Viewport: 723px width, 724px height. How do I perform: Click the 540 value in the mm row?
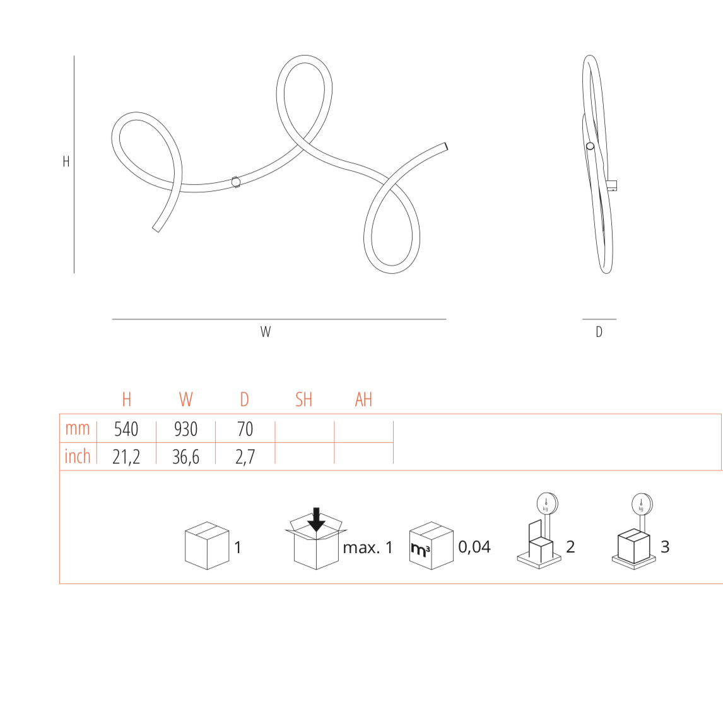pos(126,429)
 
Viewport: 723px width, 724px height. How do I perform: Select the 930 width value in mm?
pos(185,429)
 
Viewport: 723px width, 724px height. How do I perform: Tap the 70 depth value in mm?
pos(245,429)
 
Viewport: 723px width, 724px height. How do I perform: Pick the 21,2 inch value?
pos(126,457)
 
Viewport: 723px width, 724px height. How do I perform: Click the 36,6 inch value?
pos(185,457)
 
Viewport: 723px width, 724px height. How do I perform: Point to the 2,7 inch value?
pos(245,457)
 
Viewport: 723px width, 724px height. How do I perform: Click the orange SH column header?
pos(304,399)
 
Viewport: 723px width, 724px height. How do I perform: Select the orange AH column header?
pos(363,399)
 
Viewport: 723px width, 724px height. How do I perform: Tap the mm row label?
pos(77,428)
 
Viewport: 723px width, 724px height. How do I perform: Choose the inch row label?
pos(77,456)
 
